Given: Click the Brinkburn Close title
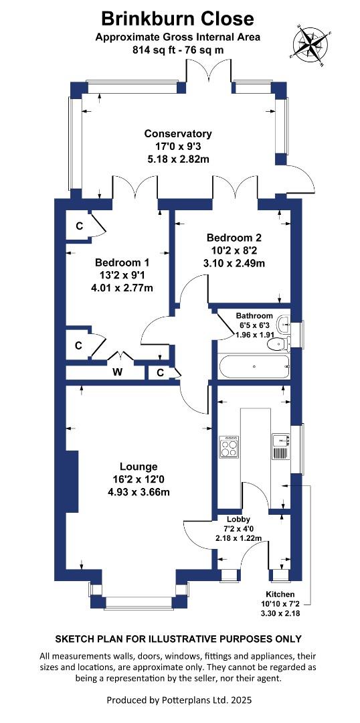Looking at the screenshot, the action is (x=177, y=19).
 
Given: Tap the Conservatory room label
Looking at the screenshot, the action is (x=178, y=134).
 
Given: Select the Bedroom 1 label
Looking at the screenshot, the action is (x=122, y=263).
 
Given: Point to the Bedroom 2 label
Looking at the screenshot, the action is (x=234, y=238).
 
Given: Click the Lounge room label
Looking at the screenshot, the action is (x=139, y=466).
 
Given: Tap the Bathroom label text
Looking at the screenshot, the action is (x=254, y=316).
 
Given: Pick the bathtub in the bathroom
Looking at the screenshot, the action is (x=254, y=367).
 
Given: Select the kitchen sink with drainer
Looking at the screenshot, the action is (x=280, y=447).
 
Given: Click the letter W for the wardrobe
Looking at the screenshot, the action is (x=118, y=373).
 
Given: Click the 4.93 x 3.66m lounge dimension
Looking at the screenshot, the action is (x=139, y=491).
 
